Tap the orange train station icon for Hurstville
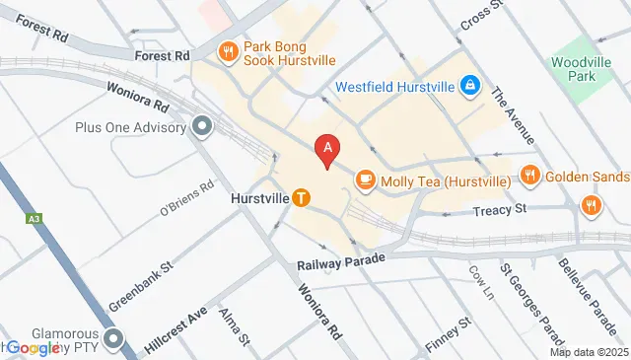(301, 197)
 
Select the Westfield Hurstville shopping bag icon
(470, 87)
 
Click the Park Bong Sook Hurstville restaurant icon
(229, 51)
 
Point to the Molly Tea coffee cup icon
(366, 179)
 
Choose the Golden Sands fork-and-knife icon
(529, 176)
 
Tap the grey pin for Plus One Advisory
(203, 126)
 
